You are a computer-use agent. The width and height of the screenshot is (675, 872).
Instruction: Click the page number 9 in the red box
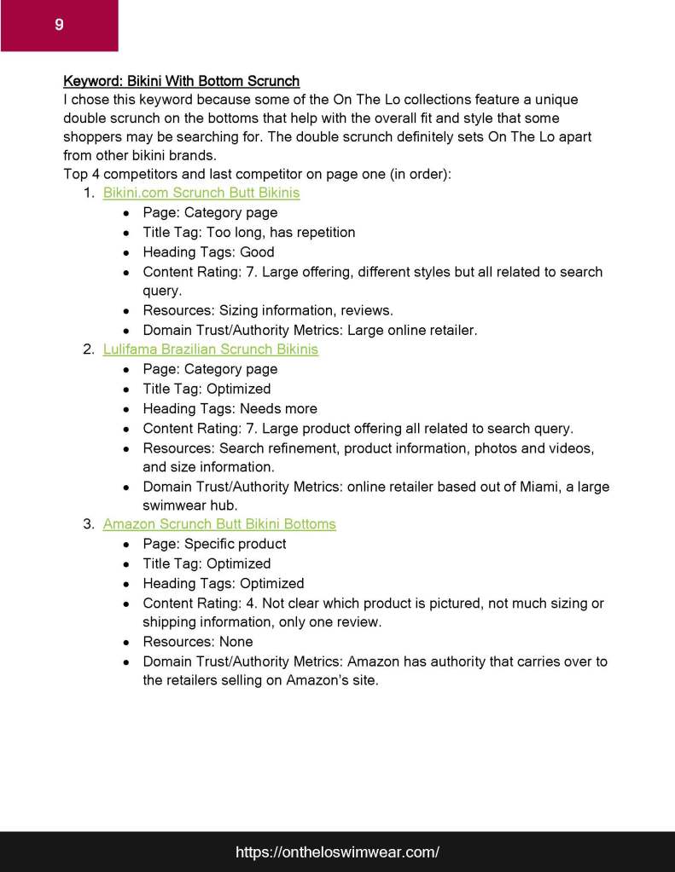pyautogui.click(x=59, y=25)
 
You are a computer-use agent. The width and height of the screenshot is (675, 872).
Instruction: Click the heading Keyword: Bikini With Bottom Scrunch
pyautogui.click(x=181, y=81)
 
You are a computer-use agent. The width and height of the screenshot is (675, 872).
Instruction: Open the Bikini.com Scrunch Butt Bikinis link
pyautogui.click(x=201, y=193)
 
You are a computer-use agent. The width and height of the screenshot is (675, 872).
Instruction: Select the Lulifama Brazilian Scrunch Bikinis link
pyautogui.click(x=210, y=349)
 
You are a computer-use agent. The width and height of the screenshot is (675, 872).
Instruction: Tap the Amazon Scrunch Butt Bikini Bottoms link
pyautogui.click(x=219, y=524)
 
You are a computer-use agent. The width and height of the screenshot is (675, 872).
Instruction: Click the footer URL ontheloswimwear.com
pyautogui.click(x=337, y=852)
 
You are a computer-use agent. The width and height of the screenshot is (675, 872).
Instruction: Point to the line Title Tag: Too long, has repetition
pyautogui.click(x=249, y=232)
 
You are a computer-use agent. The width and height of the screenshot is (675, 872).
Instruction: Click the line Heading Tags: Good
pyautogui.click(x=208, y=251)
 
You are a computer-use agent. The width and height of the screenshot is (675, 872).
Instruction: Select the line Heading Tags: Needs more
pyautogui.click(x=230, y=408)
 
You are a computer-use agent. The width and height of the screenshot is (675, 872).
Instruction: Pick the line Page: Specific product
pyautogui.click(x=214, y=544)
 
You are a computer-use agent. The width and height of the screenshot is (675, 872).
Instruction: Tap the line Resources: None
pyautogui.click(x=198, y=642)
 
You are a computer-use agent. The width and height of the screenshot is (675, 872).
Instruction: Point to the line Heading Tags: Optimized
pyautogui.click(x=224, y=584)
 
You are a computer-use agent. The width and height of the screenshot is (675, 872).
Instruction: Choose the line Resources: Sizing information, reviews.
pyautogui.click(x=268, y=310)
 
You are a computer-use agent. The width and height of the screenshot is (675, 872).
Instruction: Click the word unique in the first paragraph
pyautogui.click(x=556, y=100)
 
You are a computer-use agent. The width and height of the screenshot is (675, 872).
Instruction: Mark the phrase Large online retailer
pyautogui.click(x=418, y=330)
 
